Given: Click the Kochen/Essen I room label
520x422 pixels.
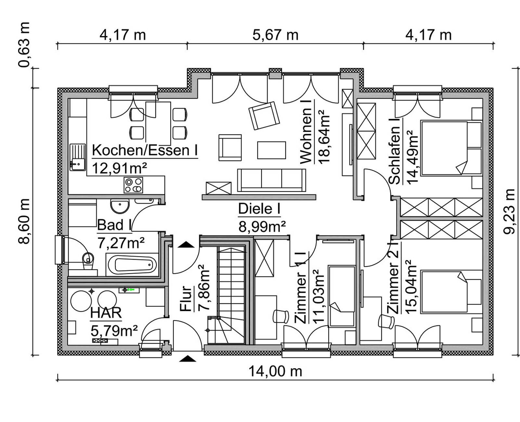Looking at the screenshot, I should tap(145, 151).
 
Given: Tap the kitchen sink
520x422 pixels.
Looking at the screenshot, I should tap(77, 157).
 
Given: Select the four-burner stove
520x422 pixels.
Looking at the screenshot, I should tap(133, 185).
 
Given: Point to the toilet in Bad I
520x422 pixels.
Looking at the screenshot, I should tap(88, 260).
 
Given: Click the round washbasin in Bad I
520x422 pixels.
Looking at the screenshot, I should tap(120, 206).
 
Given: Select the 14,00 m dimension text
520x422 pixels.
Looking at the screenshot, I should tap(275, 371).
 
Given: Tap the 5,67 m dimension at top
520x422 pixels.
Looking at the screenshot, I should tap(275, 35).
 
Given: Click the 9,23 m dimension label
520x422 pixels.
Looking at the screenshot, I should tap(509, 211).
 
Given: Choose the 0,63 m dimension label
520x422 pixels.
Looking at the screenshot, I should tap(24, 45).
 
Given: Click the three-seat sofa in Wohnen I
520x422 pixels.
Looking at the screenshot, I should tap(272, 180).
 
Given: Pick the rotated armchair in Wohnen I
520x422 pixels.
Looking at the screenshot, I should tap(264, 116).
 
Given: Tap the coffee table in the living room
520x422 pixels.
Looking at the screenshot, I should tap(271, 150).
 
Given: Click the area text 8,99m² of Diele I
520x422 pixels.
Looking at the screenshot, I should tap(262, 227).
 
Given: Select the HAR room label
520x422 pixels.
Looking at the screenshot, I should tap(106, 313).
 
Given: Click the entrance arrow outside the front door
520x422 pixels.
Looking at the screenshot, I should tap(188, 358).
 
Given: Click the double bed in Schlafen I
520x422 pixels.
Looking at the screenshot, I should tap(450, 148).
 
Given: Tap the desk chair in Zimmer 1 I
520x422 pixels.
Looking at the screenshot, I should tap(280, 316).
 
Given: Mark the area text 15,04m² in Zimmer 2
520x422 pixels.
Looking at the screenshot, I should tap(411, 287).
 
